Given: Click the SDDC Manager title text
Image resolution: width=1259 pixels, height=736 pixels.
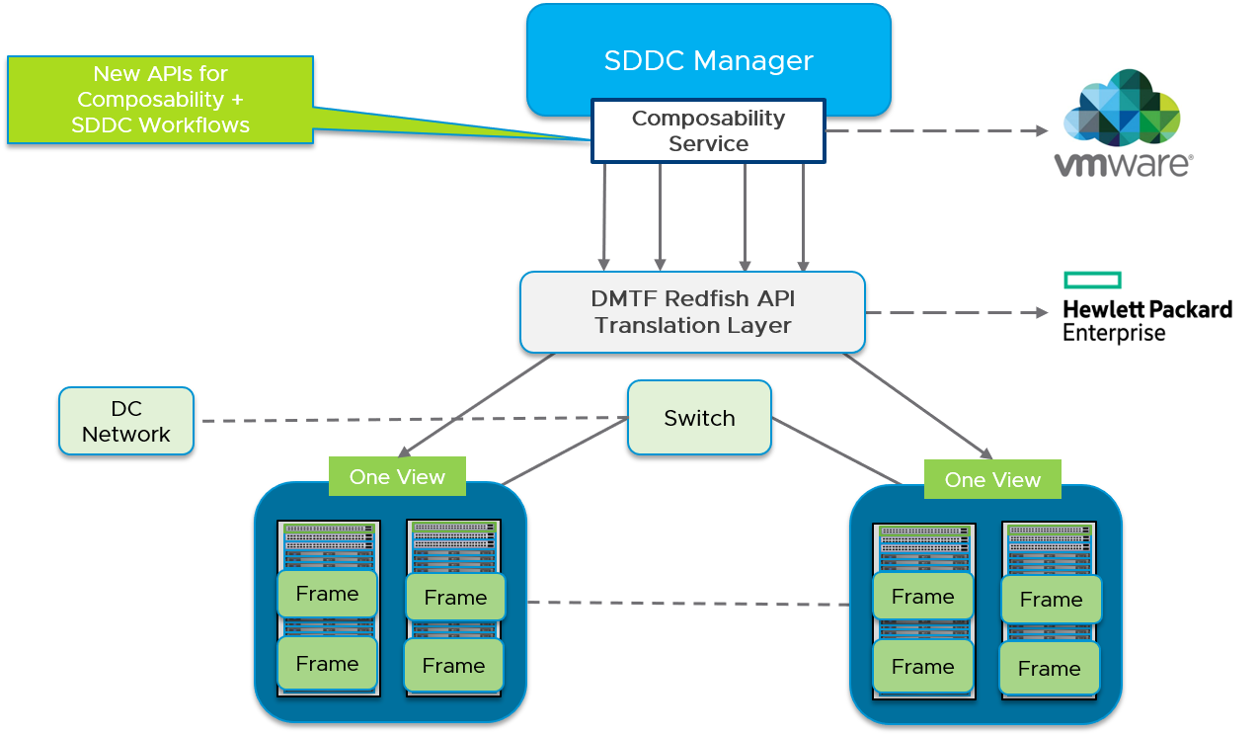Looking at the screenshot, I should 708,61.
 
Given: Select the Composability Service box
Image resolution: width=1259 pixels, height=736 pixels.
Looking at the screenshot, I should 708,130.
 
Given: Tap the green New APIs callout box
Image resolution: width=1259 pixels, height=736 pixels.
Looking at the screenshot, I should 161,99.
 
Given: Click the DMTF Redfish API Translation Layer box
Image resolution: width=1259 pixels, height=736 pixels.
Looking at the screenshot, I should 692,312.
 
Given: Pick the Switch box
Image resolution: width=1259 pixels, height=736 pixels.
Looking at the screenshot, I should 699,418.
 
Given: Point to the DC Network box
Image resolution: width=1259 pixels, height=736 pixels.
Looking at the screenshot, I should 126,422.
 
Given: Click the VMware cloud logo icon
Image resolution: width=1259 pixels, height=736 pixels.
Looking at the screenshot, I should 1122,109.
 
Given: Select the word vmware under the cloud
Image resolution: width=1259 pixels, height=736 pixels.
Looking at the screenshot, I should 1123,164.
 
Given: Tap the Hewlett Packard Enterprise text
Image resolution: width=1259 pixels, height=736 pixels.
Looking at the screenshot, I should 1146,320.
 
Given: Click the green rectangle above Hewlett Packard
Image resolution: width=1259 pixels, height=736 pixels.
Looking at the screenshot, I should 1092,280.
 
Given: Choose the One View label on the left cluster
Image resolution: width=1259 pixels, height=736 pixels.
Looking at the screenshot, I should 397,477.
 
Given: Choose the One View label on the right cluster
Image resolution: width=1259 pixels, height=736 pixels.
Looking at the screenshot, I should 992,480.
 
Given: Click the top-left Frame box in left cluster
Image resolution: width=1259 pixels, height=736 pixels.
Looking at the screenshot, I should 327,594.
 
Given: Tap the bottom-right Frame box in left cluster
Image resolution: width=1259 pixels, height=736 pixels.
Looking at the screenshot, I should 454,666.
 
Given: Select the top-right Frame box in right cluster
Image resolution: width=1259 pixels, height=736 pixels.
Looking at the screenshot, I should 1051,600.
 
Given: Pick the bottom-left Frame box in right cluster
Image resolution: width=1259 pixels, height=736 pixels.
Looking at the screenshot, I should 922,667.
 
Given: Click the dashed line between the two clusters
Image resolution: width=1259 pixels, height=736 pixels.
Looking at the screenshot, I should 687,603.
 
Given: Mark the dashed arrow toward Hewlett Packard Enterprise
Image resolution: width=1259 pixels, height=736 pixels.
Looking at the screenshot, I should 956,313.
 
